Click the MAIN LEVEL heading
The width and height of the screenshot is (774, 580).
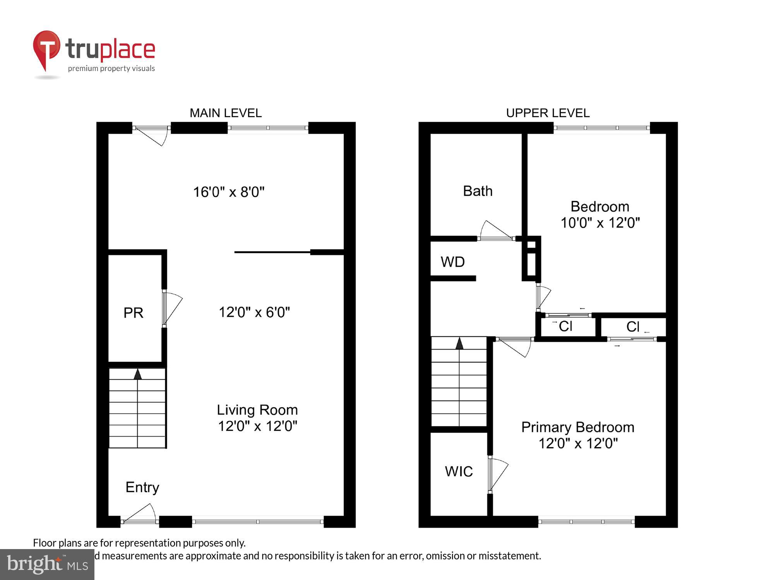click(x=226, y=113)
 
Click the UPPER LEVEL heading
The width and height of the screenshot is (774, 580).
click(x=548, y=113)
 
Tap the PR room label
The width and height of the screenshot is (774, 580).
click(x=133, y=312)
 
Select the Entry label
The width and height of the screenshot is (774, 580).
click(x=142, y=487)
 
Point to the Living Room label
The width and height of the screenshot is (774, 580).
click(x=257, y=410)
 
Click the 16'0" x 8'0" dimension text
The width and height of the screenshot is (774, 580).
click(x=229, y=192)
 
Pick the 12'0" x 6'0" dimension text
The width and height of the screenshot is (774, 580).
click(x=254, y=312)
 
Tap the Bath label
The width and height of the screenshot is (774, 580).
click(x=478, y=191)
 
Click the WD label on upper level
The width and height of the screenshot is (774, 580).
click(x=452, y=262)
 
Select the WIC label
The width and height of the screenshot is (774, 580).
click(x=459, y=471)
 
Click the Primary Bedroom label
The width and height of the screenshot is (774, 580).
click(x=577, y=427)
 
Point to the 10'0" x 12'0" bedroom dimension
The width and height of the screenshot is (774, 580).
click(x=600, y=223)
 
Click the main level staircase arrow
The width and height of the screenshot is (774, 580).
click(x=137, y=374)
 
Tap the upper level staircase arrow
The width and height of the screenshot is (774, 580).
click(x=459, y=343)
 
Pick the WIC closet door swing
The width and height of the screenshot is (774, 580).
click(x=498, y=474)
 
